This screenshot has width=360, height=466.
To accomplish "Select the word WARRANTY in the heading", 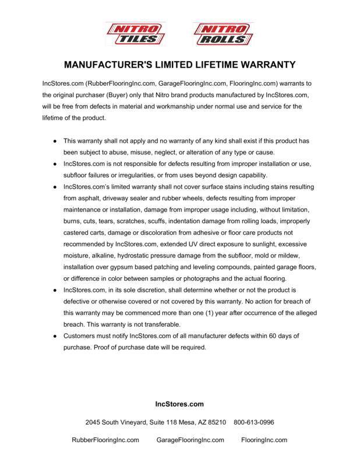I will click(x=266, y=64).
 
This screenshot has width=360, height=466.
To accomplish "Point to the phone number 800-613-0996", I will click(x=253, y=422).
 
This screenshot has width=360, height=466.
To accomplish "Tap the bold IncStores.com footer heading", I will click(x=179, y=404).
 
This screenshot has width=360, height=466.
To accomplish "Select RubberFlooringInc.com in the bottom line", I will click(x=105, y=440).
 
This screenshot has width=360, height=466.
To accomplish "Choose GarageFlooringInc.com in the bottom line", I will click(x=190, y=440).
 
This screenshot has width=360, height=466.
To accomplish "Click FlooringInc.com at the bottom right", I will click(x=264, y=440).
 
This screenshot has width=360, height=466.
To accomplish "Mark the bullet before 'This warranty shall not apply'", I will click(x=55, y=142).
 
